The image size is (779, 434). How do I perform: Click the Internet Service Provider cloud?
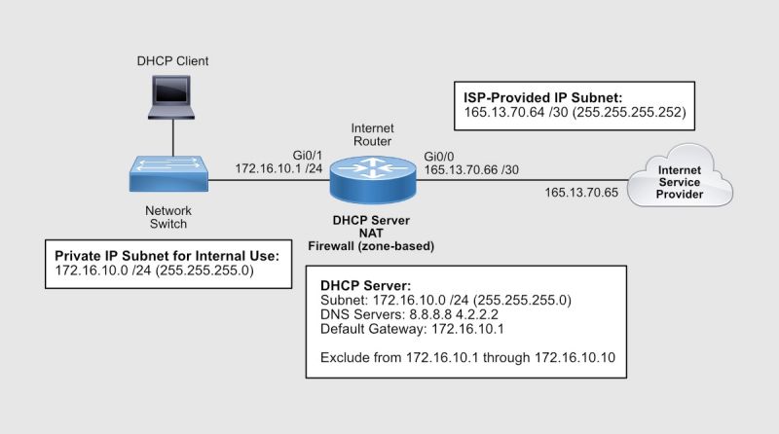pyautogui.click(x=680, y=180)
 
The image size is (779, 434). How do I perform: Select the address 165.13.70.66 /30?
pyautogui.click(x=471, y=168)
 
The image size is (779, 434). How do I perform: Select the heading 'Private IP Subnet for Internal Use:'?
pyautogui.click(x=167, y=255)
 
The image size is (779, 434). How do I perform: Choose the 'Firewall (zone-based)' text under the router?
pyautogui.click(x=371, y=247)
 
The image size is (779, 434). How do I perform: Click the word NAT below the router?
pyautogui.click(x=371, y=234)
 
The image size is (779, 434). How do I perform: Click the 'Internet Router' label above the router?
pyautogui.click(x=371, y=133)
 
